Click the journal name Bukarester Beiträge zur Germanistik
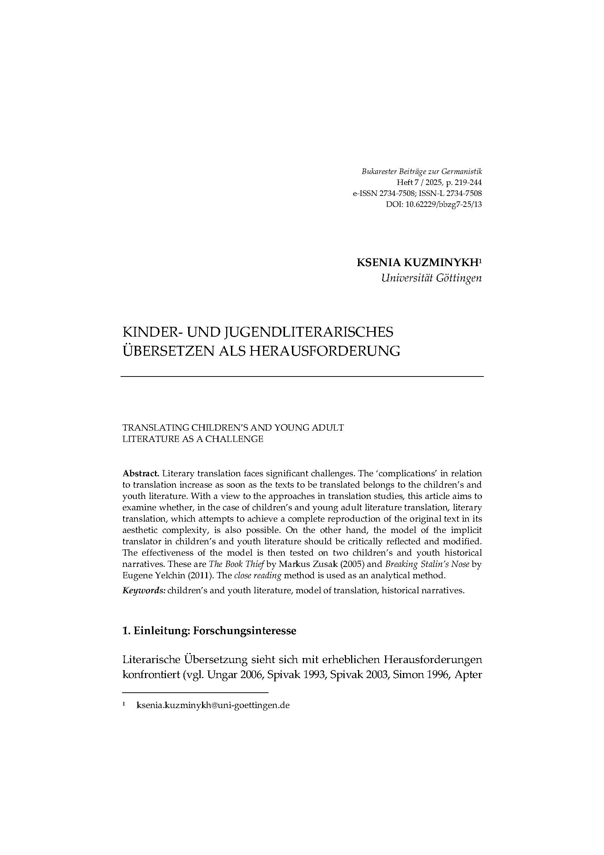click(x=422, y=172)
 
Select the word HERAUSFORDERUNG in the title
click(x=324, y=351)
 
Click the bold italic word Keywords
click(x=144, y=591)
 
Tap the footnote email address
click(x=213, y=705)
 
